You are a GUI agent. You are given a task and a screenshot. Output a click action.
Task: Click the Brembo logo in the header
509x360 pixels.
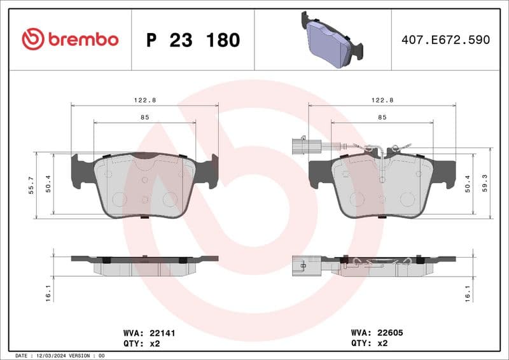[x=70, y=39]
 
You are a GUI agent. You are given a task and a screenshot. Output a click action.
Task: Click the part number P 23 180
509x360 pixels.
[x=193, y=40]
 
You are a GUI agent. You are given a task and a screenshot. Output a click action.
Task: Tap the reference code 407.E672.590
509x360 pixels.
[x=445, y=40]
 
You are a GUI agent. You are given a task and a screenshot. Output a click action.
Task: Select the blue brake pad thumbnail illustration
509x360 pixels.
[x=330, y=40]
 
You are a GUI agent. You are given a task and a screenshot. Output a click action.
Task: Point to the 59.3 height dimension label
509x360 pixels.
[x=485, y=184]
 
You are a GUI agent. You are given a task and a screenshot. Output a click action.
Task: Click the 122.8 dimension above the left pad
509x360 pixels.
[x=144, y=100]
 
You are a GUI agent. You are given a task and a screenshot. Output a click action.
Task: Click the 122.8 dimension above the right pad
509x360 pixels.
[x=382, y=100]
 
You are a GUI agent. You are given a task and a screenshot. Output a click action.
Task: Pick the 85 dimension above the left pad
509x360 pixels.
[x=144, y=117]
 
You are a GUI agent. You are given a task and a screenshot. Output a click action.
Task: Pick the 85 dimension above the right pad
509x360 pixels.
[x=382, y=117]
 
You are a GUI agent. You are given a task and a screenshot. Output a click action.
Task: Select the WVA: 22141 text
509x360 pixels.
[x=146, y=332]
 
